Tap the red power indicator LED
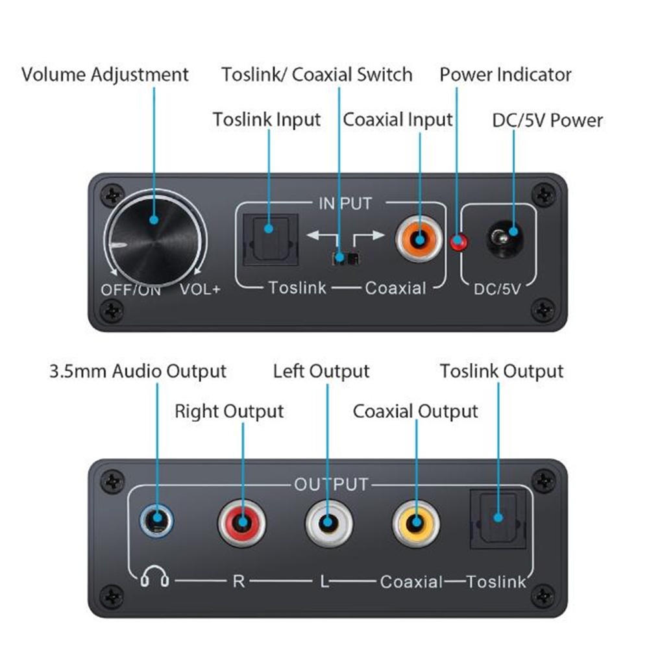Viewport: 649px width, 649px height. [x=459, y=242]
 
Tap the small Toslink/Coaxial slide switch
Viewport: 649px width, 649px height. [x=345, y=258]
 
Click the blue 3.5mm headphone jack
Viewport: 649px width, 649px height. [x=157, y=519]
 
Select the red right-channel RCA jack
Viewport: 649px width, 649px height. [x=242, y=522]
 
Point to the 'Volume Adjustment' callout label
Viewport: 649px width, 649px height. [x=105, y=74]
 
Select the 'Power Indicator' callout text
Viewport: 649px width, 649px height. [x=506, y=74]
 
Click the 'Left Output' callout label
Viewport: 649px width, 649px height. [x=321, y=371]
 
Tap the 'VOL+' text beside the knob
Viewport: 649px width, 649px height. [x=200, y=289]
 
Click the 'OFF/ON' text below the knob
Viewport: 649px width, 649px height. [x=130, y=289]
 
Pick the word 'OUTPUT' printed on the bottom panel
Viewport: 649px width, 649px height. [x=331, y=484]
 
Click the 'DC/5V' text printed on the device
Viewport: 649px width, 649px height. [x=498, y=288]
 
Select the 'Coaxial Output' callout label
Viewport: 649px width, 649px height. [x=415, y=411]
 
